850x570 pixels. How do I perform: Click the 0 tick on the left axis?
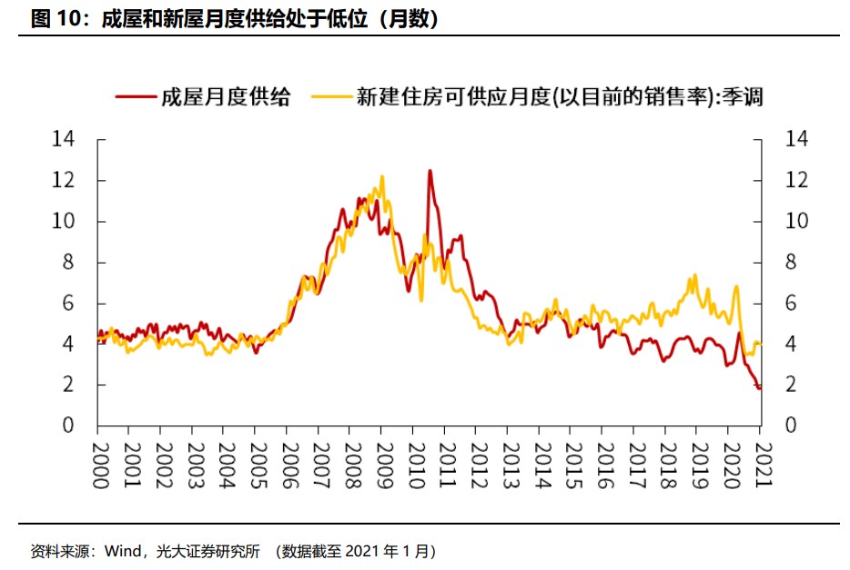click(68, 425)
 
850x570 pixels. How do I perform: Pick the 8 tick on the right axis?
click(791, 262)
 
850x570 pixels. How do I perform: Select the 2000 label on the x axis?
click(99, 466)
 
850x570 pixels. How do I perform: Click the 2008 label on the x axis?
click(352, 466)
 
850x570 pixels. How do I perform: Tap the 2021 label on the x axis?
click(764, 466)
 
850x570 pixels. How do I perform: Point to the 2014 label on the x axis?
click(542, 466)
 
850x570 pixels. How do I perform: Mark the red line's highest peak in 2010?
click(430, 170)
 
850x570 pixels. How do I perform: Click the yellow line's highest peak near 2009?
click(381, 176)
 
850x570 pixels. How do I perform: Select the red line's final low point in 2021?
click(758, 388)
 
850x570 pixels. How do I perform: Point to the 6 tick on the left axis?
click(68, 303)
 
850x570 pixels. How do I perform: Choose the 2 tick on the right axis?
click(791, 385)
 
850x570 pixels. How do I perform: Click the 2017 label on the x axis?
click(637, 466)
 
